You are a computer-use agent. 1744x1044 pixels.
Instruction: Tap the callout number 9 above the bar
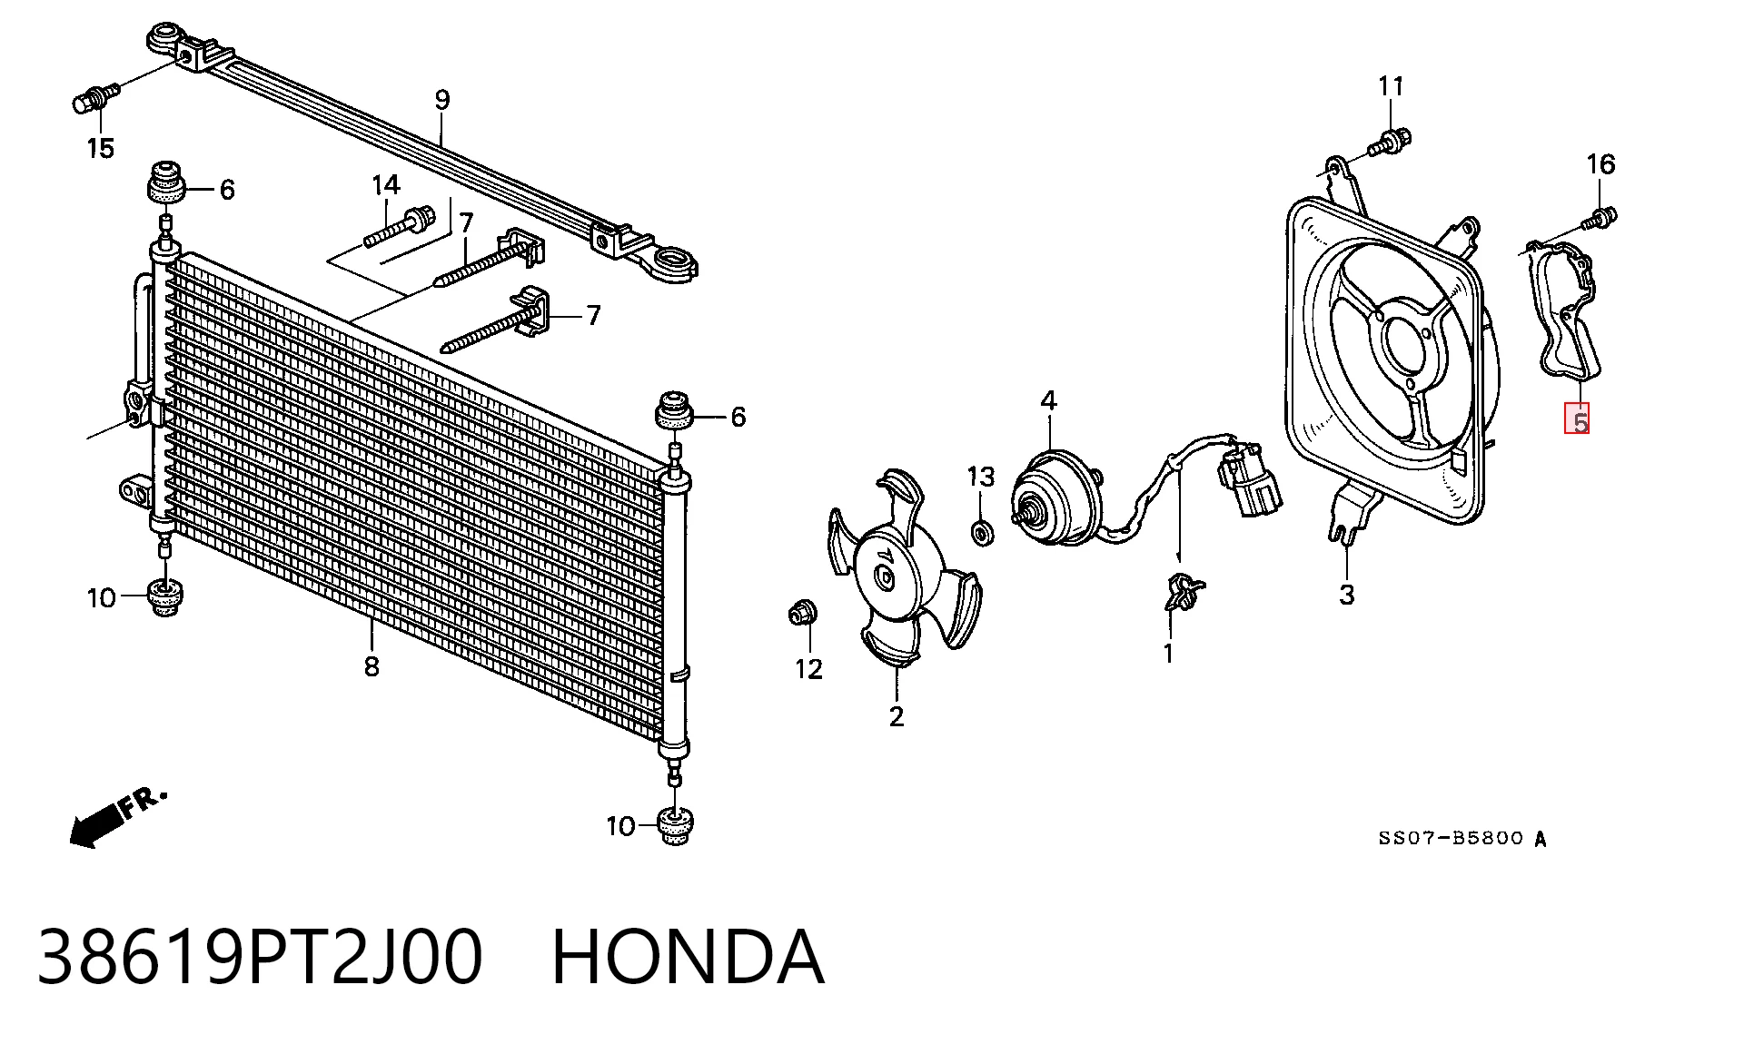tap(442, 100)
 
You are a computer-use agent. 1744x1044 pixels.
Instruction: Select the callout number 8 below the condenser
tap(372, 667)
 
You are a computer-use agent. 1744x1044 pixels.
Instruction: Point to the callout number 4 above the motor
tap(1049, 400)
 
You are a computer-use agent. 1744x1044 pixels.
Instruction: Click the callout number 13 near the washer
tap(981, 477)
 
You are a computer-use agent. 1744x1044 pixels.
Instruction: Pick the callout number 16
tap(1600, 164)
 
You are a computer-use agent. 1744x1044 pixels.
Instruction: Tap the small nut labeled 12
tap(801, 614)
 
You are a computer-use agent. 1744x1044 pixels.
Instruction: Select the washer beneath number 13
tap(981, 532)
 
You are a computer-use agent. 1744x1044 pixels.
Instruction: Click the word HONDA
tap(688, 957)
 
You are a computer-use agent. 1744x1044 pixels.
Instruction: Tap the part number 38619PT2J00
tap(260, 957)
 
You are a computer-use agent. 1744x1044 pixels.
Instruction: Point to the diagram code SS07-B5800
tap(1451, 838)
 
